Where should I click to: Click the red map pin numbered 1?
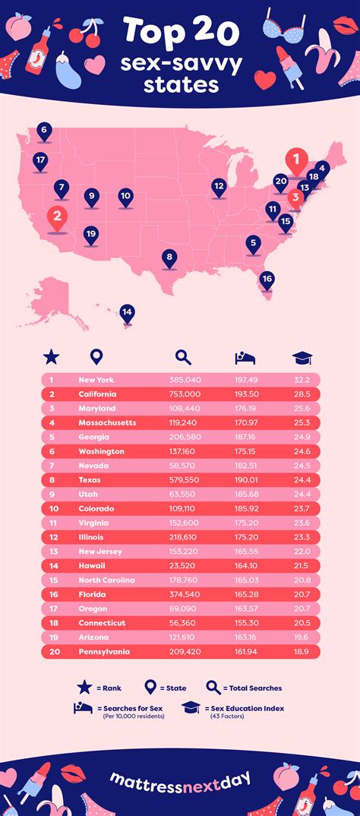296,161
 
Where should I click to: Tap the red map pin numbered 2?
57,217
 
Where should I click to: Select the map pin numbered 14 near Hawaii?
127,312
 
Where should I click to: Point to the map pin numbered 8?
169,258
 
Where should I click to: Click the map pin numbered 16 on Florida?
267,279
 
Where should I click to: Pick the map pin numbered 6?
44,131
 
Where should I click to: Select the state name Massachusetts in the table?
106,422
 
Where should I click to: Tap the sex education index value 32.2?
303,380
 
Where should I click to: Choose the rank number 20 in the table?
52,651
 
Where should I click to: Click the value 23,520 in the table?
185,566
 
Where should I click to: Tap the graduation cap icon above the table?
302,356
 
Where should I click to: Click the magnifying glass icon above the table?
184,356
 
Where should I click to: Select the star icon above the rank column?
51,356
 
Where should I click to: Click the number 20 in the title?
216,31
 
